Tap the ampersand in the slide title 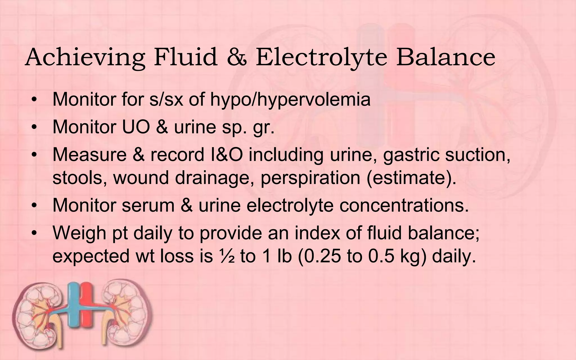(x=237, y=58)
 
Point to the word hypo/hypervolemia (x=290, y=100)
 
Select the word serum (x=148, y=205)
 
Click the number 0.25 (x=322, y=256)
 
